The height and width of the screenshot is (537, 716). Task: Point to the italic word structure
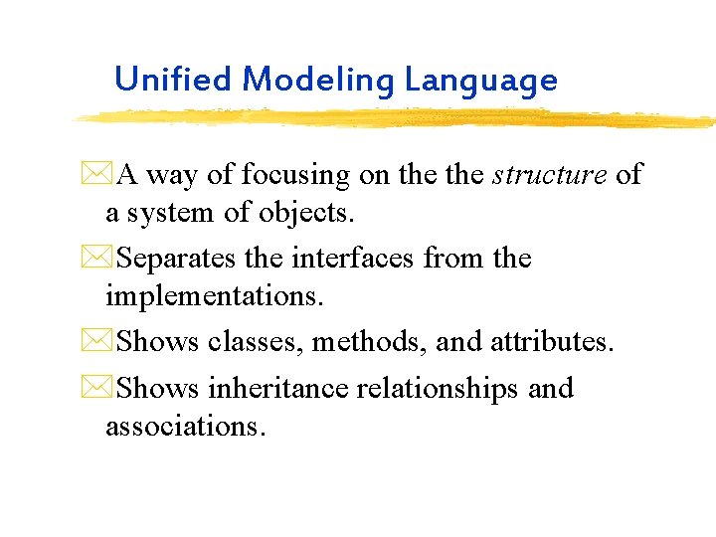[x=549, y=175]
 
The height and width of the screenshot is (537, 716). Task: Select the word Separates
[x=176, y=259]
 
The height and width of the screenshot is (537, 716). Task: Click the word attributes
[x=552, y=342]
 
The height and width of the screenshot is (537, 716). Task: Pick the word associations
[x=186, y=427]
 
